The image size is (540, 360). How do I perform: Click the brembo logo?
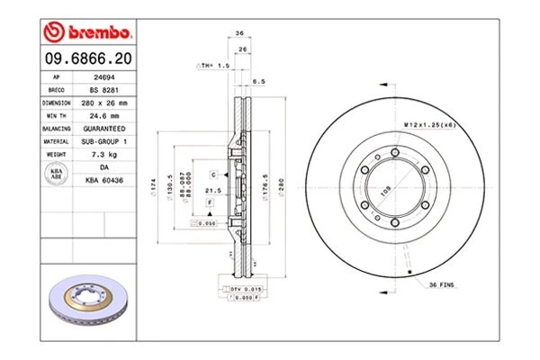tap(87, 32)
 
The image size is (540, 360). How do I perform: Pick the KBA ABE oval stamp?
tap(55, 174)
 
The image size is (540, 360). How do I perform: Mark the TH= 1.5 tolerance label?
tap(213, 67)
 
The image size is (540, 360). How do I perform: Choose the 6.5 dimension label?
tap(259, 82)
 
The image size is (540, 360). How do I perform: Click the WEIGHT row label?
tap(55, 154)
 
